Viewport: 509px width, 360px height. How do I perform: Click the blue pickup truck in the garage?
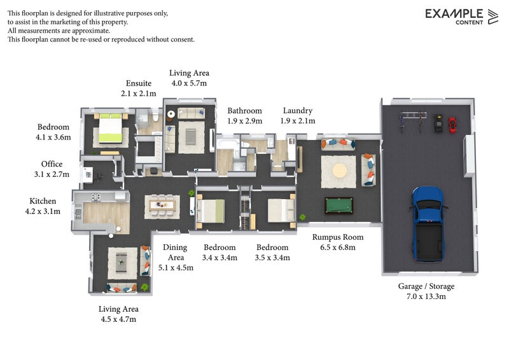click(x=426, y=223)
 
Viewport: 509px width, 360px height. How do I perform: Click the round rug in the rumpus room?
click(x=338, y=170)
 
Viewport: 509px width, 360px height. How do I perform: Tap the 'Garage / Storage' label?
click(x=426, y=286)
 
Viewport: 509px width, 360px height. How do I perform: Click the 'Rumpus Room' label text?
click(x=333, y=237)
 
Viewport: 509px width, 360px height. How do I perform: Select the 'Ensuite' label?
click(x=139, y=83)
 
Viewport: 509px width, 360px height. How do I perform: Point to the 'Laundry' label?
click(x=297, y=111)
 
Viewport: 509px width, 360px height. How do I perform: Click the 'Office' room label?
click(x=52, y=164)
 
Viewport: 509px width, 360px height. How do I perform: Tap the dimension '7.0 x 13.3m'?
click(x=426, y=296)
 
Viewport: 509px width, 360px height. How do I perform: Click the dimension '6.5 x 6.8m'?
click(x=333, y=247)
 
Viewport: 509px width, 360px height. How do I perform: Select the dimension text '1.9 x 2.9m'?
click(x=245, y=121)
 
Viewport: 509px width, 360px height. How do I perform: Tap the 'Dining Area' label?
click(x=176, y=253)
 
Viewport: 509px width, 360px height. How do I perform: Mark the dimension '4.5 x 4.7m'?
click(x=118, y=319)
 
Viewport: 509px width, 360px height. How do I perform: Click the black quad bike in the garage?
click(x=438, y=123)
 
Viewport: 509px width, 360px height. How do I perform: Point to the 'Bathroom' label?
click(x=245, y=111)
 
